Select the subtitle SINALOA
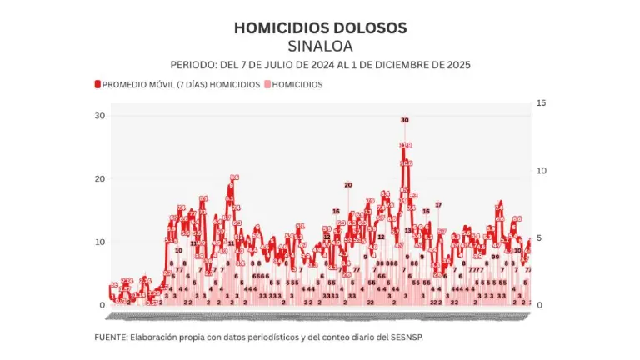(x=320, y=45)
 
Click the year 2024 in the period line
(x=317, y=64)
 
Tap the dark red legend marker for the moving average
(x=97, y=84)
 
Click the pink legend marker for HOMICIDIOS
(x=267, y=84)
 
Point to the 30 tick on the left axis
(x=100, y=115)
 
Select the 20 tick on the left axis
(x=100, y=178)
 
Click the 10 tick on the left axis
(x=100, y=242)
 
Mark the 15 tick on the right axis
(x=542, y=102)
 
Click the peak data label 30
(x=405, y=120)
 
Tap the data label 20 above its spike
(x=348, y=185)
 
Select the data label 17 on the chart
(x=438, y=204)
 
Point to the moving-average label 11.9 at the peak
(x=406, y=145)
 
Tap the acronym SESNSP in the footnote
(x=417, y=337)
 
